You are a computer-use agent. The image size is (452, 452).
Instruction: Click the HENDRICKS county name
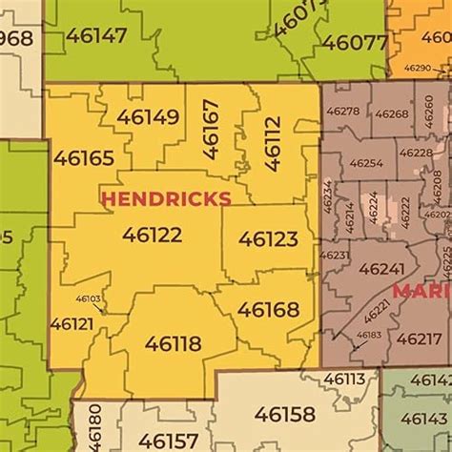pos(166,198)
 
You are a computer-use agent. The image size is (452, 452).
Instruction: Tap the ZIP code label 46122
pos(152,234)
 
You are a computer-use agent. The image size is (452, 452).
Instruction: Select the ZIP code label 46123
pos(268,238)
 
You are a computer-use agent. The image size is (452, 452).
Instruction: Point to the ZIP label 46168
pos(268,310)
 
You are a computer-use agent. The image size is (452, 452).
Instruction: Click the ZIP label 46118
pos(173,343)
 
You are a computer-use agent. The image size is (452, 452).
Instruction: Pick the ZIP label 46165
pos(84,158)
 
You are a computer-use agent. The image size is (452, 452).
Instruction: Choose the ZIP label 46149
pos(148,117)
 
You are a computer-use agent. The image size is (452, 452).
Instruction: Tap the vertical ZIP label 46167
pos(211,129)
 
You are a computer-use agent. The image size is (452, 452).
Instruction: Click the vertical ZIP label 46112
pos(273,142)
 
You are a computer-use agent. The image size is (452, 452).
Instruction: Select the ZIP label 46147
pos(96,36)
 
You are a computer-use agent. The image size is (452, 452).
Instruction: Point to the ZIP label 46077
pos(354,43)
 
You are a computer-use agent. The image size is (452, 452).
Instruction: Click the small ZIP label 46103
pos(88,298)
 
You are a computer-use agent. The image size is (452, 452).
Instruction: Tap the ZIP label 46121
pos(72,324)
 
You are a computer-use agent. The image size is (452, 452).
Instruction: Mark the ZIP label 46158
pos(284,414)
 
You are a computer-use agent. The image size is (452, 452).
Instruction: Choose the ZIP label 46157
pos(168,441)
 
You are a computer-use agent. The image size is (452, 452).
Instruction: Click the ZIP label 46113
pos(344,379)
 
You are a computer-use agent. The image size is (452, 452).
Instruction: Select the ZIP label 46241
pos(381,269)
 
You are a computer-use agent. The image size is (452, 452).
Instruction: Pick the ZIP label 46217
pos(419,339)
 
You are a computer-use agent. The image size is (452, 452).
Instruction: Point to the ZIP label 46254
pos(366,163)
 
